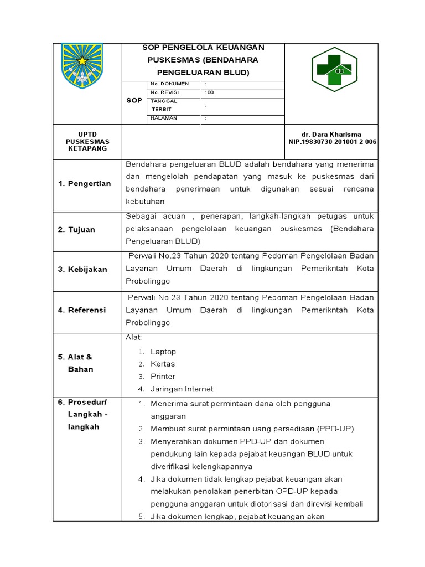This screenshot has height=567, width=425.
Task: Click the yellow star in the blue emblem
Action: [x=85, y=60]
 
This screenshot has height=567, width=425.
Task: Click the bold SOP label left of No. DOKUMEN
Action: [x=134, y=100]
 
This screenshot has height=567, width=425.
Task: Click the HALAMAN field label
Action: [x=164, y=118]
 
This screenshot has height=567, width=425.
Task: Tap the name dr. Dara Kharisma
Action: [x=331, y=135]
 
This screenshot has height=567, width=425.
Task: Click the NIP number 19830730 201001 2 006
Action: [x=331, y=142]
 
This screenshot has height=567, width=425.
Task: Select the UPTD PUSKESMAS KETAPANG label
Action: [x=87, y=142]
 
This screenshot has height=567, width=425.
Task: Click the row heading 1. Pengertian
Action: [x=85, y=183]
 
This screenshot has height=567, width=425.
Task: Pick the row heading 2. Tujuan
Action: [x=77, y=229]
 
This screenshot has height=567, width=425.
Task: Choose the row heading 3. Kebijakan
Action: [x=82, y=269]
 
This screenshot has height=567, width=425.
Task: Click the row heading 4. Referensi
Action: [x=82, y=310]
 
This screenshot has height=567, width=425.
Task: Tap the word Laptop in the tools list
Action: [x=163, y=352]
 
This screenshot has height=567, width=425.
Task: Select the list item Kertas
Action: [x=163, y=364]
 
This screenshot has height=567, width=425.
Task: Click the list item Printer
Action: [x=163, y=377]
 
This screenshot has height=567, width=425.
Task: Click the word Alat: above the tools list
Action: [x=134, y=337]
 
